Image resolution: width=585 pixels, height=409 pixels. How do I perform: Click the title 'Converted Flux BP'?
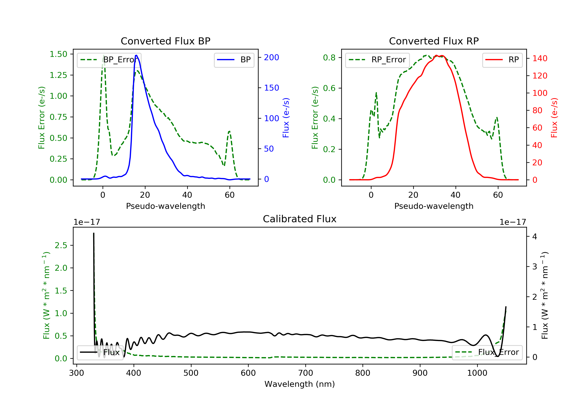coord(165,41)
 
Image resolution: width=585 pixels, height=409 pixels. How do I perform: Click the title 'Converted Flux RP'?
coord(434,41)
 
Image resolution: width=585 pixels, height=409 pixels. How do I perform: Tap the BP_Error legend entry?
coord(109,60)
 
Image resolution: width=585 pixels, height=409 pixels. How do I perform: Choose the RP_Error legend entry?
coord(377,60)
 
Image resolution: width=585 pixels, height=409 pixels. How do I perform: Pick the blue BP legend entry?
coord(234,60)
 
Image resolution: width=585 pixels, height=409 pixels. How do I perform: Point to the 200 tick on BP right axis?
coord(271,57)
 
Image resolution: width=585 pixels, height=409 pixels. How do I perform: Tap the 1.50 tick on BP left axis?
coord(58,54)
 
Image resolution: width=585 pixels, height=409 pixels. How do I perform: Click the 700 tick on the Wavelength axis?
coord(306,373)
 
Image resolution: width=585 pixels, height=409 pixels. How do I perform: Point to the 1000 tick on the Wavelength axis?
coord(477,373)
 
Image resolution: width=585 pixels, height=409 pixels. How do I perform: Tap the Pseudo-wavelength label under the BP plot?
coord(165,206)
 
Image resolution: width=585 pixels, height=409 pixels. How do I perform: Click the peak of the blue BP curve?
coord(136,55)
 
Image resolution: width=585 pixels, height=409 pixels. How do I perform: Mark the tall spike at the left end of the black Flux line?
coord(94,233)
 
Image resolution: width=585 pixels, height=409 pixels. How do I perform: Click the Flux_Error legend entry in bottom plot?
coord(487,352)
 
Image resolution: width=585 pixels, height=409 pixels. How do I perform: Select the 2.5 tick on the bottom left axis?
coord(61,245)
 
